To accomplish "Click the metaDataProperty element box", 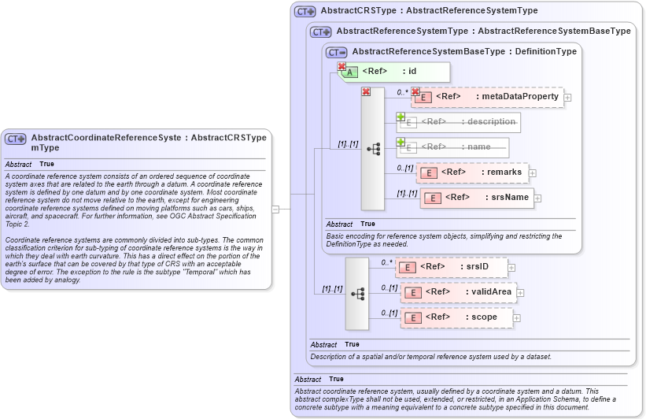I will click(487, 97).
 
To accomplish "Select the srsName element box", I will click(477, 198).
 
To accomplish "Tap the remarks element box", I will click(472, 172).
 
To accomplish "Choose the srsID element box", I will click(452, 267).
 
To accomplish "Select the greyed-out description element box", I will click(459, 122).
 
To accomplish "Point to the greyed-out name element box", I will click(452, 147).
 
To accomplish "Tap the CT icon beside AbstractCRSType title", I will click(305, 12).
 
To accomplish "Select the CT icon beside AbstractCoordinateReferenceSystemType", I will click(16, 139).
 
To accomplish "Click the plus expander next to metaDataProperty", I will click(567, 97).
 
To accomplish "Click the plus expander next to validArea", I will click(519, 292).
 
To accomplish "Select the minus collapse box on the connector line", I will click(275, 209).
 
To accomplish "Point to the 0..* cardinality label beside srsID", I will click(386, 262).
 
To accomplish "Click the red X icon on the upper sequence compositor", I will click(366, 92).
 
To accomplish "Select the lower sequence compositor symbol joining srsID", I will click(357, 294).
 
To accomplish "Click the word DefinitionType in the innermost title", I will click(545, 52).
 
